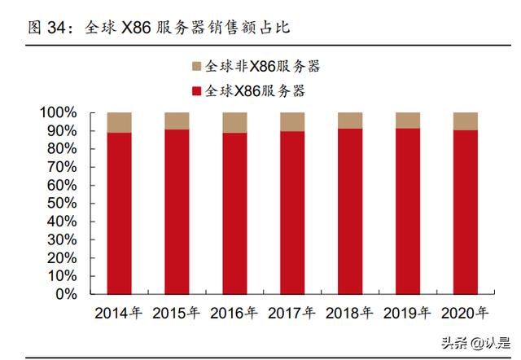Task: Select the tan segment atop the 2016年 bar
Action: pyautogui.click(x=234, y=122)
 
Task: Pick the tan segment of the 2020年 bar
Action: pyautogui.click(x=466, y=121)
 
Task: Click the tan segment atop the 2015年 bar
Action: pyautogui.click(x=177, y=121)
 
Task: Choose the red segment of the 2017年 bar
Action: pyautogui.click(x=292, y=213)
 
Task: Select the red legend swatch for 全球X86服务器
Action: pyautogui.click(x=196, y=90)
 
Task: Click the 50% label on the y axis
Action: pyautogui.click(x=62, y=204)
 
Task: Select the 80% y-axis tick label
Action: pyautogui.click(x=62, y=149)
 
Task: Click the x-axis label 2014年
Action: pyautogui.click(x=119, y=313)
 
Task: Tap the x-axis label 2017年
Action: pyautogui.click(x=292, y=313)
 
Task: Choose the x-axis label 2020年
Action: pyautogui.click(x=466, y=313)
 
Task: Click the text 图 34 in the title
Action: pyautogui.click(x=49, y=27)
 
